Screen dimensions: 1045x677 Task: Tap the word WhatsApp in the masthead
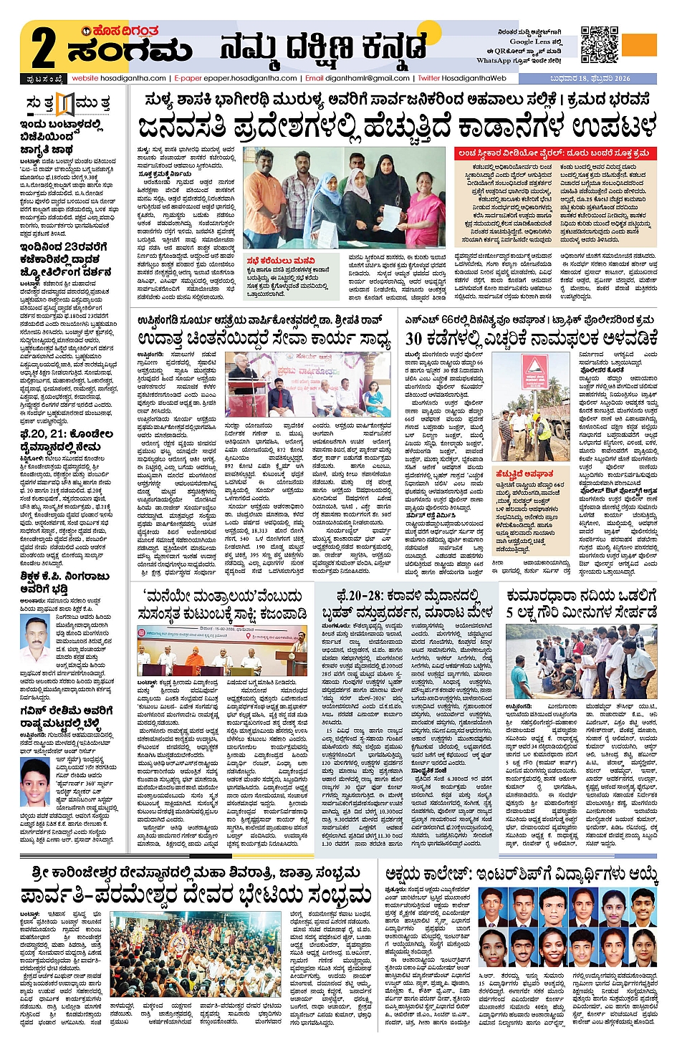click(x=494, y=60)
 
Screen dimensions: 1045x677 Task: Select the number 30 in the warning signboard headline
click(x=413, y=337)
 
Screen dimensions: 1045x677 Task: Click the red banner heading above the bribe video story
click(x=554, y=153)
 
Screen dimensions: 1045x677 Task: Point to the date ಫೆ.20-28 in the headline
click(x=360, y=594)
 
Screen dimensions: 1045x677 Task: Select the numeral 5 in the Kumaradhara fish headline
click(x=511, y=612)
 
